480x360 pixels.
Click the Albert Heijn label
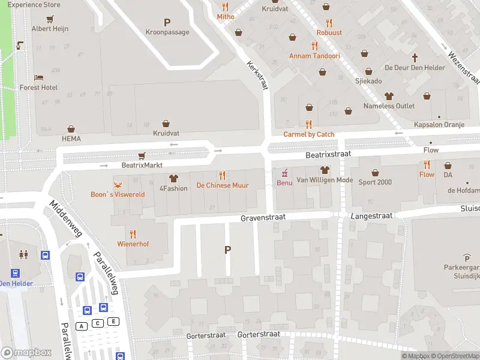(x=50, y=28)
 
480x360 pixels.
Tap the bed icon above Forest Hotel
(x=38, y=77)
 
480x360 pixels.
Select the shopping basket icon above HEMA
(x=71, y=129)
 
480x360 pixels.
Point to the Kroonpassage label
(x=167, y=32)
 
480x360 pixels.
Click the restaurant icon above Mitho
(x=226, y=7)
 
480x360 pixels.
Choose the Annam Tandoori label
(x=314, y=56)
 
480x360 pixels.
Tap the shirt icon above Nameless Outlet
(x=388, y=96)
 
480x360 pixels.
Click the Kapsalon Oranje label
(x=439, y=125)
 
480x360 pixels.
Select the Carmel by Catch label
(x=309, y=134)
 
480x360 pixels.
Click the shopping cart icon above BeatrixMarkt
(x=142, y=155)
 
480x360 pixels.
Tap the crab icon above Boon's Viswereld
(x=118, y=184)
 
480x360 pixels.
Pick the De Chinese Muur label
(x=223, y=185)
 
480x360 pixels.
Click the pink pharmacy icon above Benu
(x=284, y=172)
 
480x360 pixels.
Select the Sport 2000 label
(x=376, y=182)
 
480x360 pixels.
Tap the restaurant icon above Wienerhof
(x=133, y=234)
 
